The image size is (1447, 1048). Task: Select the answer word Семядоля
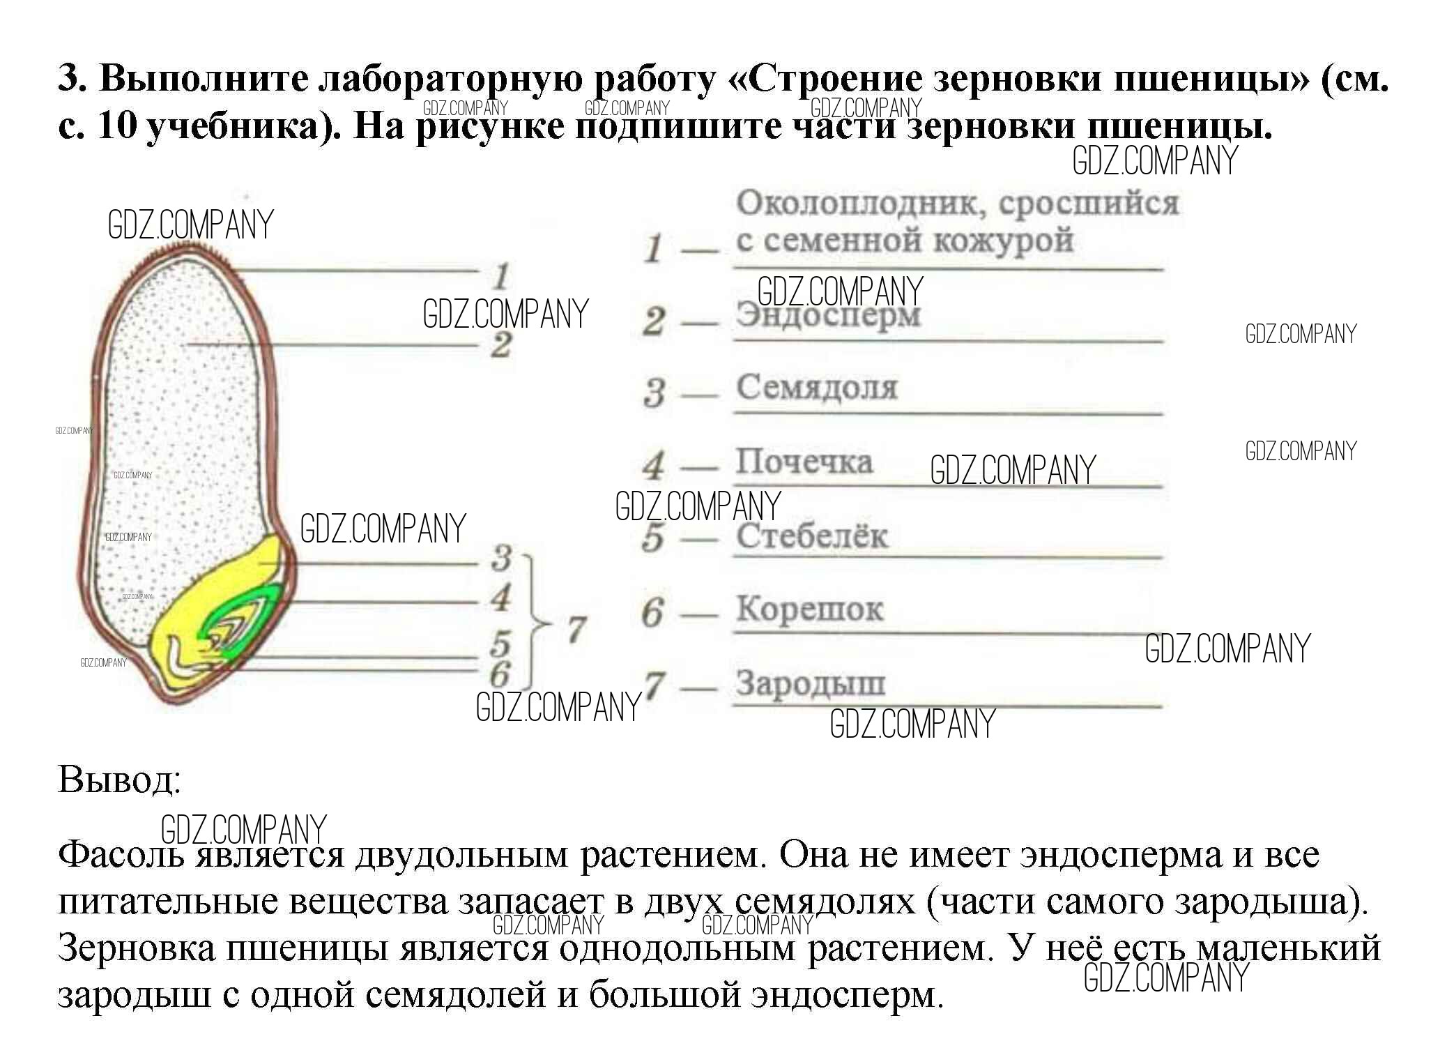coord(817,388)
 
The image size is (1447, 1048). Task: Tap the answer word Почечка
coord(804,462)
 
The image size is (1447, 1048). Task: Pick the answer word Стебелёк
coord(812,536)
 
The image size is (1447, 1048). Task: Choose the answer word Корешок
coord(809,609)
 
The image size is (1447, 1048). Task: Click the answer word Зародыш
coord(810,683)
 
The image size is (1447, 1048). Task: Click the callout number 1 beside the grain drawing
coord(500,277)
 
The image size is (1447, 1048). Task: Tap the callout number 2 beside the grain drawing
coord(500,344)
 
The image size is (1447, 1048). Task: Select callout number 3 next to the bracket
coord(501,558)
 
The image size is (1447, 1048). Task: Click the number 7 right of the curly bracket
coord(575,629)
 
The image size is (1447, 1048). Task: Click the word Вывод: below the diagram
coord(119,779)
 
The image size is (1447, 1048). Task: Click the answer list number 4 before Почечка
coord(654,465)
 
